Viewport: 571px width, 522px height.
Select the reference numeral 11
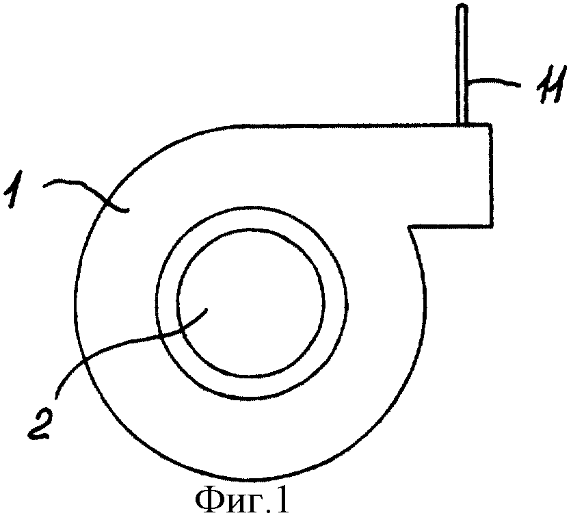(x=551, y=85)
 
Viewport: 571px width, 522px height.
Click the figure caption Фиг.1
(x=243, y=501)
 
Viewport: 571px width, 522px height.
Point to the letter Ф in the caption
(x=207, y=501)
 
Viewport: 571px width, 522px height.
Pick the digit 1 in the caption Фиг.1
(x=282, y=501)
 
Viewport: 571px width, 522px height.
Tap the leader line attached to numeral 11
(x=493, y=81)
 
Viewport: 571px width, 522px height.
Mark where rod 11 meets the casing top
(x=462, y=124)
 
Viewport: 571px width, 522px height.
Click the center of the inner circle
(x=250, y=302)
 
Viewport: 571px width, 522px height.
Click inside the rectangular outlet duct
(x=451, y=175)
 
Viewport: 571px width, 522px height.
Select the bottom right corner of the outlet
(x=492, y=226)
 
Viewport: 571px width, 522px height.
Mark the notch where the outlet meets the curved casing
(x=410, y=226)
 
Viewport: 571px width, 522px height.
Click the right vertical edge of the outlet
(x=492, y=175)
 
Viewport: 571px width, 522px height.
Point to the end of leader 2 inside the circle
(x=207, y=309)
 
